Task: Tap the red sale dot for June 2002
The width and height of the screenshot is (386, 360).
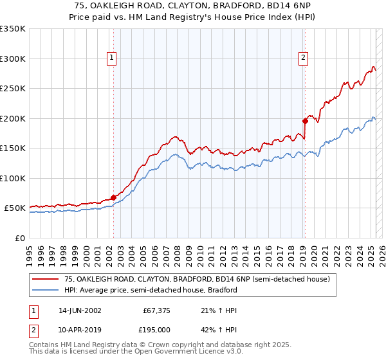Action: (113, 197)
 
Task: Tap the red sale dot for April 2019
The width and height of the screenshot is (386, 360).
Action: (304, 120)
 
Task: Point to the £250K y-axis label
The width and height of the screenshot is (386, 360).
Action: (13, 88)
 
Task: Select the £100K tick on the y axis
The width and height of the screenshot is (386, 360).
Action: (13, 178)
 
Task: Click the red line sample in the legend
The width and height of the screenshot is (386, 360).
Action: (46, 279)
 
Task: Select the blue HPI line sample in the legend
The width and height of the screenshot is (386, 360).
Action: (46, 290)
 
